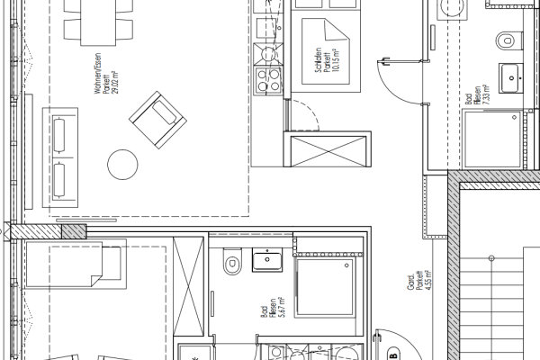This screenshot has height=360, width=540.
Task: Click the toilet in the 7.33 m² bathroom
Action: point(508,40)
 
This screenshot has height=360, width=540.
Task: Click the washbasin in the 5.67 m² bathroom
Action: point(268,261)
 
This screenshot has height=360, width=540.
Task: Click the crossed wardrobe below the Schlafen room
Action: point(328,149)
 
